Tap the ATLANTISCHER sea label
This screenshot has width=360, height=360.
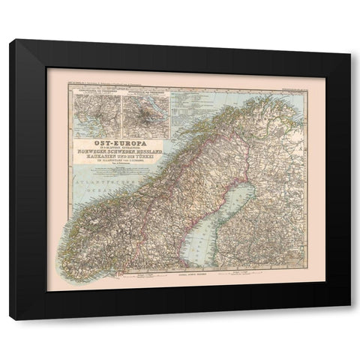coord(84,179)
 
